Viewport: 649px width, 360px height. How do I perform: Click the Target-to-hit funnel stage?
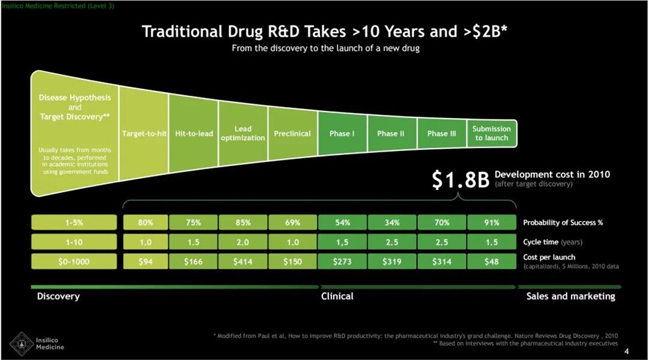point(145,134)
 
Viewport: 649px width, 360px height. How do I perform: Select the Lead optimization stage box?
point(243,134)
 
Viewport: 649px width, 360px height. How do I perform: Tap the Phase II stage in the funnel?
point(391,134)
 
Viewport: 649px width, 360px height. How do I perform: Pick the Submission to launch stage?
point(491,133)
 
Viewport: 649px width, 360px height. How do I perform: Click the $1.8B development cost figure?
point(459,180)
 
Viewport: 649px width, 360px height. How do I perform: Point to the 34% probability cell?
point(391,222)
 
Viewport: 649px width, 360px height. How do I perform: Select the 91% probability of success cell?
point(491,222)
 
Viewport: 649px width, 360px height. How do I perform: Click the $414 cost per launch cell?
point(243,262)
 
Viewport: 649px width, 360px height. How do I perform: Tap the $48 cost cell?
point(491,262)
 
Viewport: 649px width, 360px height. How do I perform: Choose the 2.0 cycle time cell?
point(243,242)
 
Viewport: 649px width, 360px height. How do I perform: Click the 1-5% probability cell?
point(73,222)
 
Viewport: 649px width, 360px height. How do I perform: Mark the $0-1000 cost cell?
point(73,262)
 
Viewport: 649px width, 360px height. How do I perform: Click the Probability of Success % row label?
point(563,222)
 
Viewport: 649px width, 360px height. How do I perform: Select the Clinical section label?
point(337,296)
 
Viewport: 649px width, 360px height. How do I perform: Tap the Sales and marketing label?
point(570,296)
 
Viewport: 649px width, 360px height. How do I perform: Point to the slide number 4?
point(626,352)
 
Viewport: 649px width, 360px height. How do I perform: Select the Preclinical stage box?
point(292,134)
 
